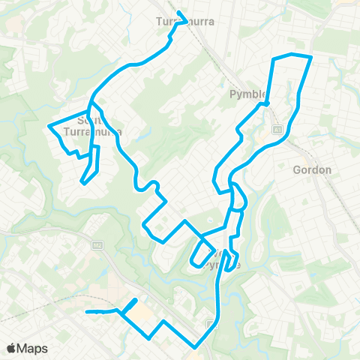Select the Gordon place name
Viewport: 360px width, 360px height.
(313, 170)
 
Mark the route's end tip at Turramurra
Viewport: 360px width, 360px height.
(177, 11)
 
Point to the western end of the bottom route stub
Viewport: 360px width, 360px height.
(88, 311)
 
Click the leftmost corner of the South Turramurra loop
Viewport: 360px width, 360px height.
(49, 126)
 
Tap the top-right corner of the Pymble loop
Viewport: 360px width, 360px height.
(310, 56)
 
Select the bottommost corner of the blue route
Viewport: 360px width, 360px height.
(196, 346)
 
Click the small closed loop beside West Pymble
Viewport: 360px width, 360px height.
(201, 253)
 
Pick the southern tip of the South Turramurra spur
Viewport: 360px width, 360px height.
(82, 181)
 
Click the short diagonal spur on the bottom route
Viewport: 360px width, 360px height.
(129, 306)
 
